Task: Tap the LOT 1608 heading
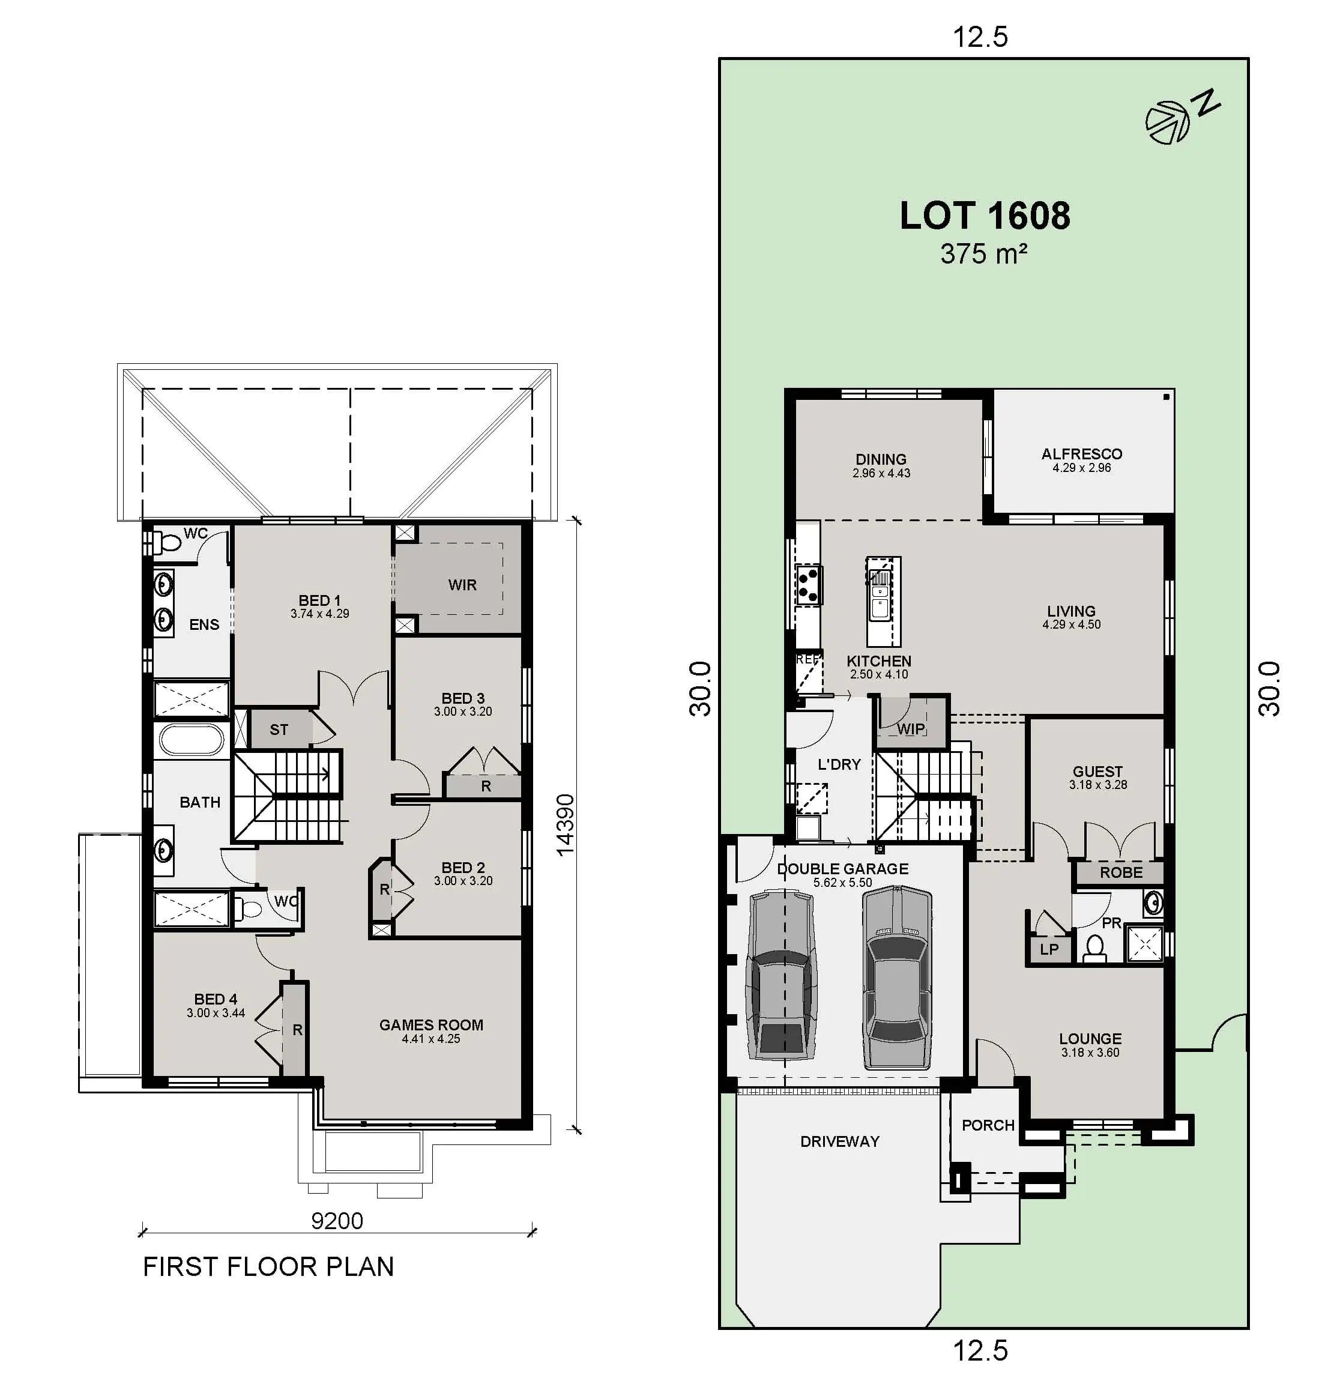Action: [x=984, y=216]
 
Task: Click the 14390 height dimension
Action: [x=565, y=824]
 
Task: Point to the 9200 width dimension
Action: [x=337, y=1221]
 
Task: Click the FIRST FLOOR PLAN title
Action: [x=268, y=1267]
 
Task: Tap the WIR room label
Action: [x=462, y=585]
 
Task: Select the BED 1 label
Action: [x=319, y=600]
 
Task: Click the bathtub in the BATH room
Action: [x=192, y=740]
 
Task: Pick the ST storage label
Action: [x=279, y=730]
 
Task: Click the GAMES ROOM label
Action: [x=431, y=1025]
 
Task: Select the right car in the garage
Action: [x=897, y=978]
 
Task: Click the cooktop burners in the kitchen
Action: [x=809, y=585]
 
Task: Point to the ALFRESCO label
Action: [x=1081, y=454]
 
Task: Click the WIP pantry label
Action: [x=910, y=729]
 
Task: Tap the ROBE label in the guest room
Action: [x=1121, y=872]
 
